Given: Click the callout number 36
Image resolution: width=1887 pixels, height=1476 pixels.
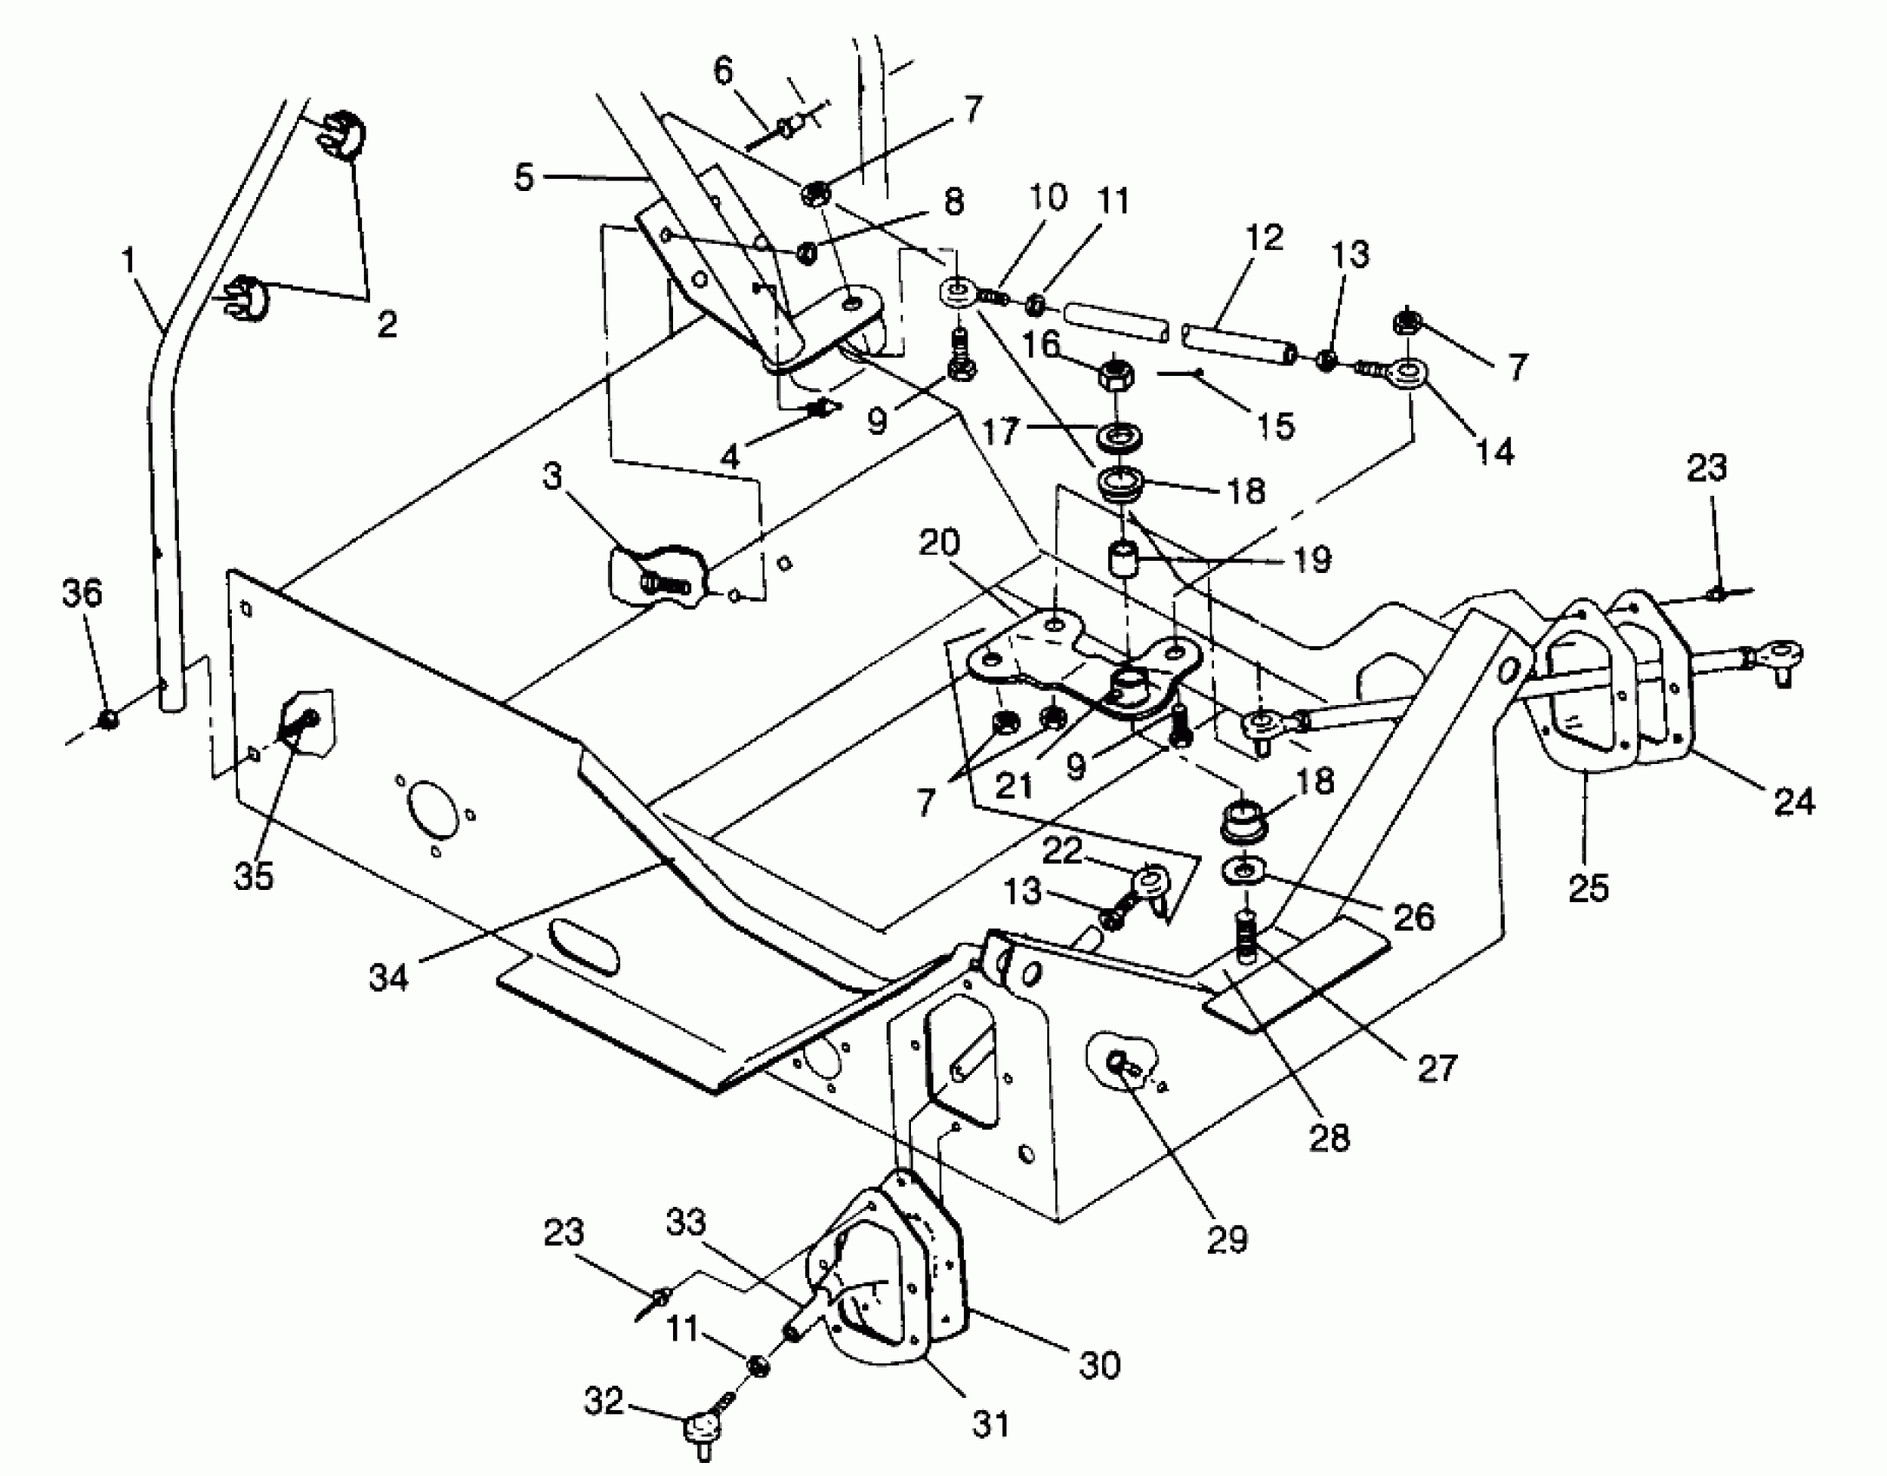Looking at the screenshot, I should [82, 594].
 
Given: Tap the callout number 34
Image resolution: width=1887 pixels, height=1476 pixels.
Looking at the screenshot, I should [388, 979].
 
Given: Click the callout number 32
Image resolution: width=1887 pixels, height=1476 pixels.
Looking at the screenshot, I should [603, 1400].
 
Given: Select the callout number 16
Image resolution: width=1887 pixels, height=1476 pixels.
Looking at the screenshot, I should [1040, 345].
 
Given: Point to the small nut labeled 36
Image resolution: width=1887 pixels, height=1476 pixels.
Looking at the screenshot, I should [108, 719].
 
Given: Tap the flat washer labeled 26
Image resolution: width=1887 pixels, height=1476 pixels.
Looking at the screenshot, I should [1244, 871].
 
